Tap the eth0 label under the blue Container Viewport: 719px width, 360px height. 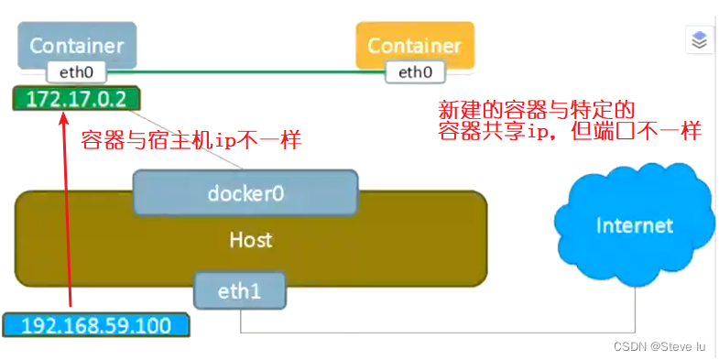pos(77,71)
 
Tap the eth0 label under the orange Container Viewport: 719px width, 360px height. pos(415,71)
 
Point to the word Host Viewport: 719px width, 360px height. pos(250,240)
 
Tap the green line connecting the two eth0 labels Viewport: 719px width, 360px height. pos(247,71)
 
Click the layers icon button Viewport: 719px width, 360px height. pos(699,40)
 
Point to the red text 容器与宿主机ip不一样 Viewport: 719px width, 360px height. pos(191,142)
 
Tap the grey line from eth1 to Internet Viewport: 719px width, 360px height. pos(440,332)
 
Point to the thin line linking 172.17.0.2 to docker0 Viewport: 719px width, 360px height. pos(192,138)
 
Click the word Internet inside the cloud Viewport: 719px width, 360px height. pos(634,225)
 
